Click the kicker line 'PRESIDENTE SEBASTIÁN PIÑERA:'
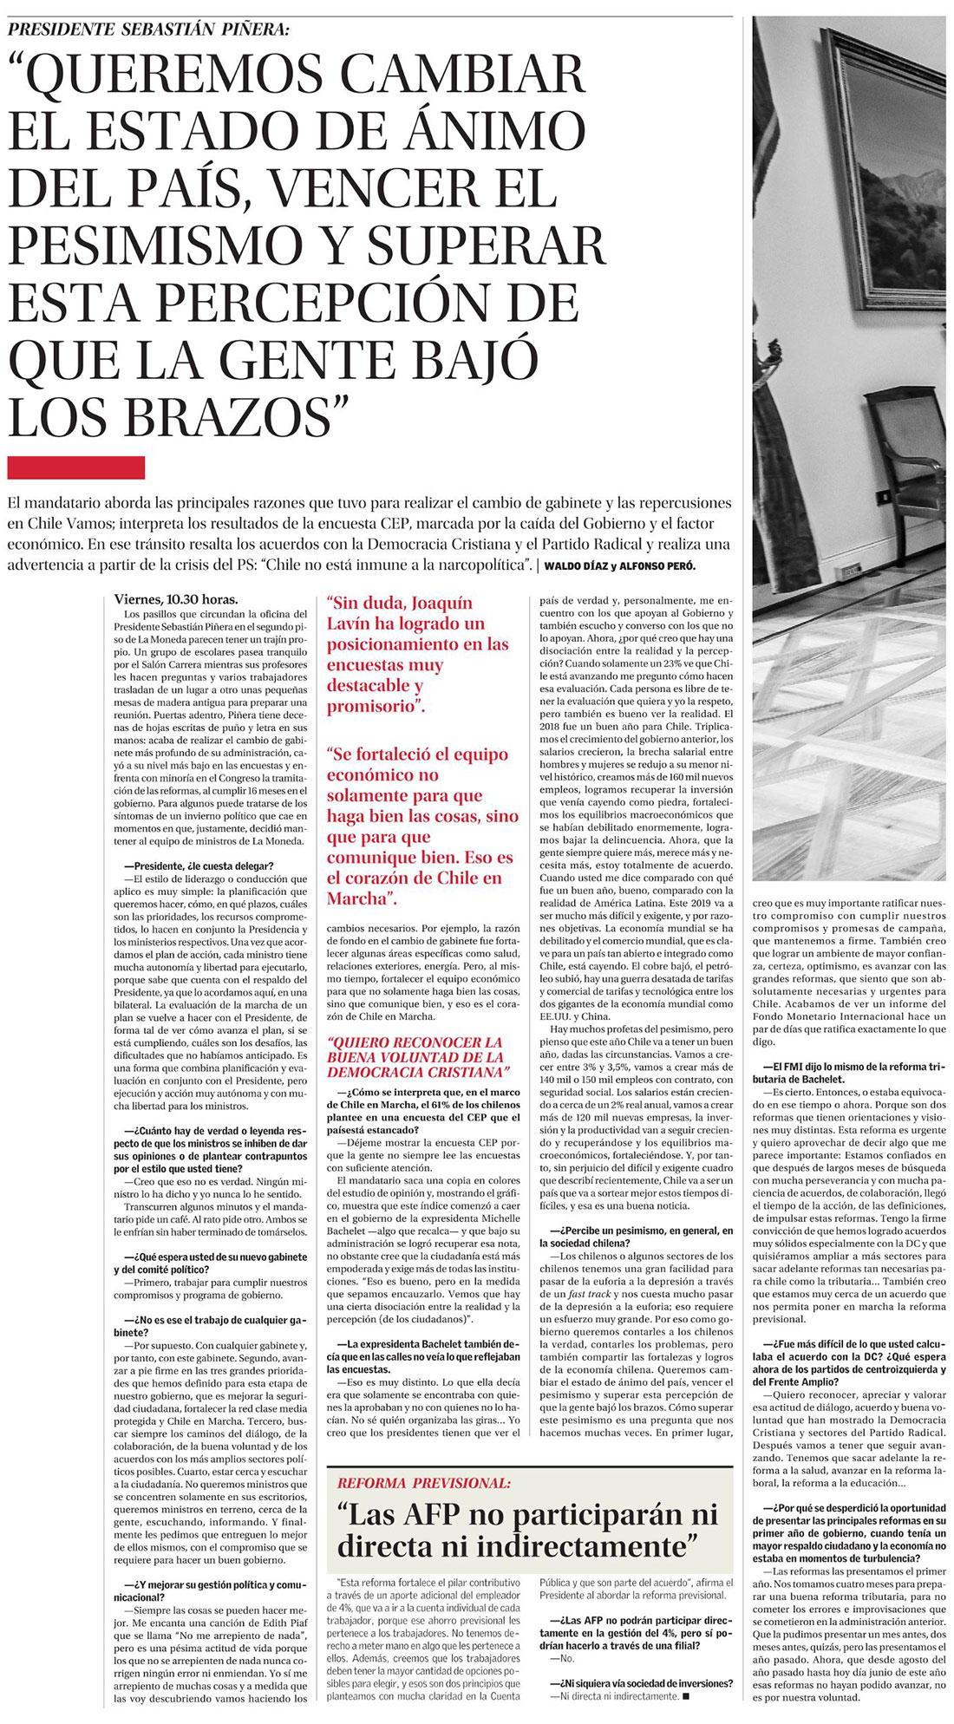148,29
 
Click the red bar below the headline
75,467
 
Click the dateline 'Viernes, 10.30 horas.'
176,599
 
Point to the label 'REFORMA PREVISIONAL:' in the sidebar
424,1483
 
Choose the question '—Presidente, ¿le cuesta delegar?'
199,866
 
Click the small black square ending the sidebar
685,1695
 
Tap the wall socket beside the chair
884,496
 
